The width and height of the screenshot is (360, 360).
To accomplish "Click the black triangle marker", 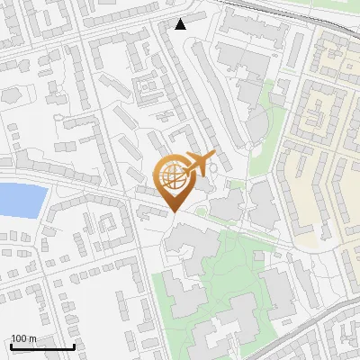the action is pyautogui.click(x=181, y=24).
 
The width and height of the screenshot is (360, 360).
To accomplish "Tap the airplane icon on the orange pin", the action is pyautogui.click(x=197, y=165).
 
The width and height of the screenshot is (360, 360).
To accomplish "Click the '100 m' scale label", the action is pyautogui.click(x=23, y=338).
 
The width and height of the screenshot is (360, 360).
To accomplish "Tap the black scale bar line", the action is pyautogui.click(x=41, y=346).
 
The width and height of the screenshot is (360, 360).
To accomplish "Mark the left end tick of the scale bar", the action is pyautogui.click(x=10, y=346).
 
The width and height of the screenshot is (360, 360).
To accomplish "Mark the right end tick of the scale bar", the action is pyautogui.click(x=74, y=346).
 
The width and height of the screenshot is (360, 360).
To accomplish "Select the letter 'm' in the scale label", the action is pyautogui.click(x=32, y=338).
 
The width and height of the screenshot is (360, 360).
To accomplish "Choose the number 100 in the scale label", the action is pyautogui.click(x=18, y=338).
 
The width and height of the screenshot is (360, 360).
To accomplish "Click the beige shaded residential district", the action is pyautogui.click(x=324, y=135).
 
